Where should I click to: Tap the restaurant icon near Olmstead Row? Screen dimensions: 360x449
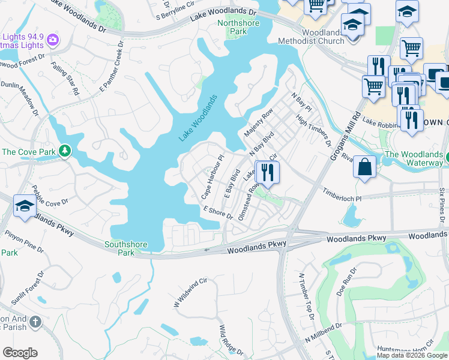(x=267, y=172)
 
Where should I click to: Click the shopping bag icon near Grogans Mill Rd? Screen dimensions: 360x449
(x=364, y=167)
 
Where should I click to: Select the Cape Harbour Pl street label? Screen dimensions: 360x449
(x=212, y=177)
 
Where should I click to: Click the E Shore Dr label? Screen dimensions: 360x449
(x=218, y=211)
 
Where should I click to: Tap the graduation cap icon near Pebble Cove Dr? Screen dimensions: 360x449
(x=24, y=205)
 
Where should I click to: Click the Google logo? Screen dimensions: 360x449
(x=20, y=353)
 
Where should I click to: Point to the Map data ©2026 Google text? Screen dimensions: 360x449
(x=412, y=355)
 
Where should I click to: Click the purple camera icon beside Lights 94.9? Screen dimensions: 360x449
(x=53, y=40)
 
